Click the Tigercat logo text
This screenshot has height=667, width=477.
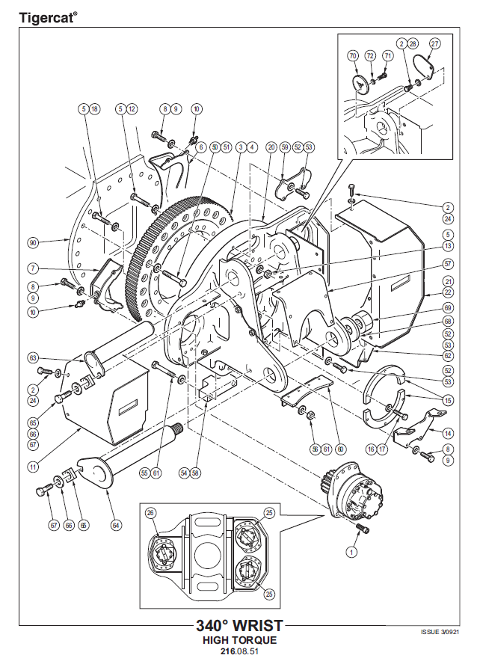tap(46, 18)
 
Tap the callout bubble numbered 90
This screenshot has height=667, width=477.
tap(32, 243)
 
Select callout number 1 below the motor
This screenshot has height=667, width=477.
tap(351, 552)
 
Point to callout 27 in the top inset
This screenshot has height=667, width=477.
tap(434, 43)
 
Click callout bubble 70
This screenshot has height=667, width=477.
tap(353, 56)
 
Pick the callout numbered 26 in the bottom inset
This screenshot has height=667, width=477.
tap(150, 512)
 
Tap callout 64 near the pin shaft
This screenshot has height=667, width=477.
tap(116, 526)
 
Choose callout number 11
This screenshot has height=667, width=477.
tap(33, 467)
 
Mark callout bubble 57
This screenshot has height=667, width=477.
tap(448, 264)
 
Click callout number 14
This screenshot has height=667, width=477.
tap(448, 434)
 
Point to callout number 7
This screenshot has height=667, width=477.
tap(33, 268)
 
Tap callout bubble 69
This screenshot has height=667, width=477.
tap(448, 307)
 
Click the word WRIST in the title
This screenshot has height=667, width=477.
tap(258, 625)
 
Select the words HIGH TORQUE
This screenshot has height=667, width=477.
tap(239, 640)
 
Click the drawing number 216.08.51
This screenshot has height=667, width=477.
tap(239, 651)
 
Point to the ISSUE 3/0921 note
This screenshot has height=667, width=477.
tap(440, 632)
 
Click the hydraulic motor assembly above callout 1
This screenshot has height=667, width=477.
tap(355, 489)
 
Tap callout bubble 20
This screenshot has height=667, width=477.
tap(271, 147)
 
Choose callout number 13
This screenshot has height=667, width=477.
tap(448, 245)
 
